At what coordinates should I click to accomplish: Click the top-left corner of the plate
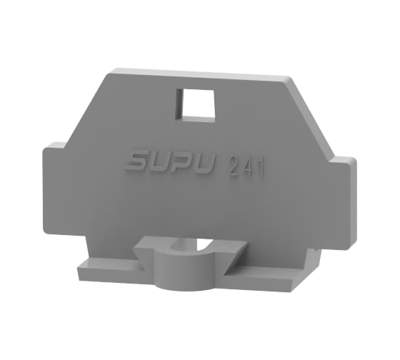click(111, 72)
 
